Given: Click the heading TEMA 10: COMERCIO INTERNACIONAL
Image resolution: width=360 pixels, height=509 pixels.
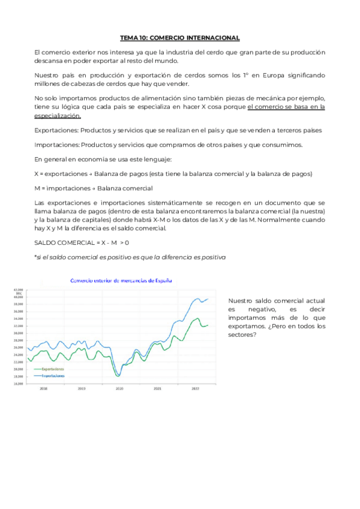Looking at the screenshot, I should point(179,38).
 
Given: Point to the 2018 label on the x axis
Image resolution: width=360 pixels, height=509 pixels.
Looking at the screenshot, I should point(43,389).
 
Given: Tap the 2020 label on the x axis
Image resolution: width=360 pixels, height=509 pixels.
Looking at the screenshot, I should point(119,389).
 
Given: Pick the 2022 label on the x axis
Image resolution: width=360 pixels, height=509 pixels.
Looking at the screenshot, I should point(195,389).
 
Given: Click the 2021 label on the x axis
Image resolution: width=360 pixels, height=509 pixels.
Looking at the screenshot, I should point(157,389).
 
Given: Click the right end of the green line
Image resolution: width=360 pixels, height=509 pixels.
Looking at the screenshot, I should point(208,325).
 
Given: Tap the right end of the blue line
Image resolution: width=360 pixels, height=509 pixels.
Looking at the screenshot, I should point(208,299).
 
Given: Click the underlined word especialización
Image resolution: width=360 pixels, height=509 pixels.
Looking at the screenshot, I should point(57,115).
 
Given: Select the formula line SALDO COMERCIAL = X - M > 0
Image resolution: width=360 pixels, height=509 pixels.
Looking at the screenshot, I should point(82,242).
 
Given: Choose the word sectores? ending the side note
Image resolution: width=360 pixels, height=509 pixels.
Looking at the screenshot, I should point(242,335).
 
